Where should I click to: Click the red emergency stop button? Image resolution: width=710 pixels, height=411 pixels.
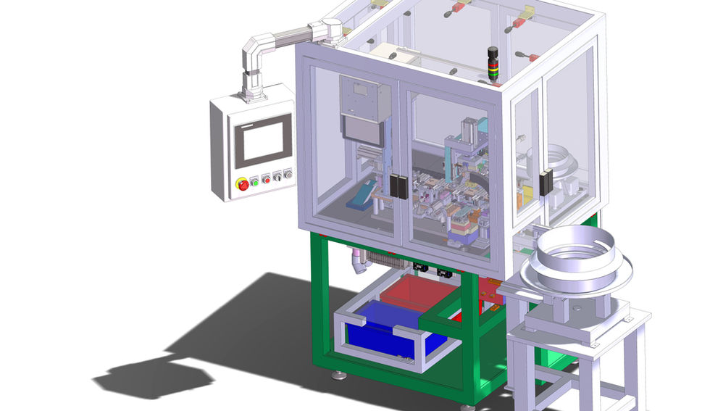[243, 184]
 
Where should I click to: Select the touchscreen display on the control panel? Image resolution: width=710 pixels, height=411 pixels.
[262, 141]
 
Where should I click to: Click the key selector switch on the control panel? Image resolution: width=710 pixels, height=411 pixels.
[277, 175]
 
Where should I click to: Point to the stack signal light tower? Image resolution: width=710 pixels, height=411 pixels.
[493, 64]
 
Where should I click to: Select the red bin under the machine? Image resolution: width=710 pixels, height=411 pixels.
[419, 291]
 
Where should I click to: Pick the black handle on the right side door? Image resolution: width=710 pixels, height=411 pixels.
[546, 182]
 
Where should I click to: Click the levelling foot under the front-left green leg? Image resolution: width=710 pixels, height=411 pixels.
[339, 375]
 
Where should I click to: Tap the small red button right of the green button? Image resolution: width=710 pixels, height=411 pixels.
[266, 178]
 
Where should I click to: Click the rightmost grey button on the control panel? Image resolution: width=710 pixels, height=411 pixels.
[288, 173]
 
